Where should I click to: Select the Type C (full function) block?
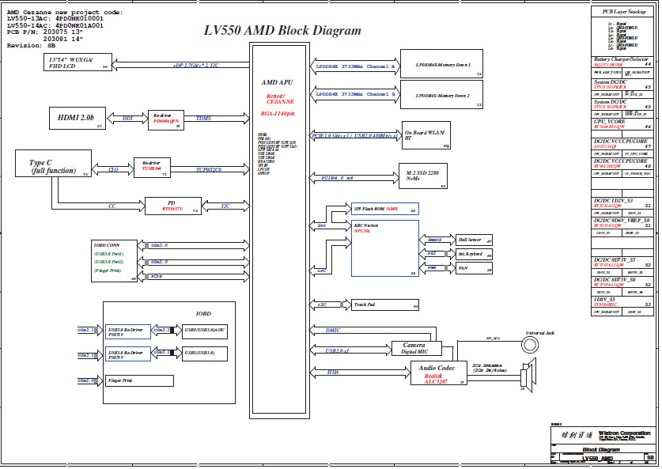click(53, 163)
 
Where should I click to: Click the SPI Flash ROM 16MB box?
click(385, 208)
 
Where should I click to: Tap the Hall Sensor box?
click(474, 239)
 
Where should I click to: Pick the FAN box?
click(474, 268)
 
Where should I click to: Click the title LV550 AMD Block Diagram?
click(282, 31)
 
